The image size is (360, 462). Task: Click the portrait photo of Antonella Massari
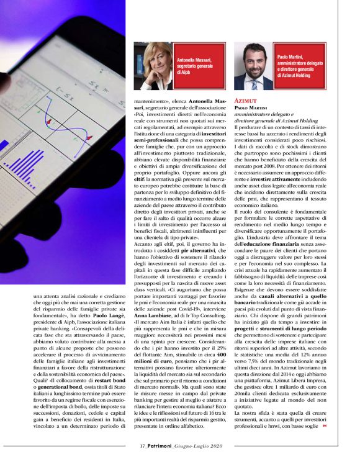pos(154,66)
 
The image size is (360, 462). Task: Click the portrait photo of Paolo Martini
pos(254,66)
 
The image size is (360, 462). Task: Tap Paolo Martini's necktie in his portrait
pos(255,81)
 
